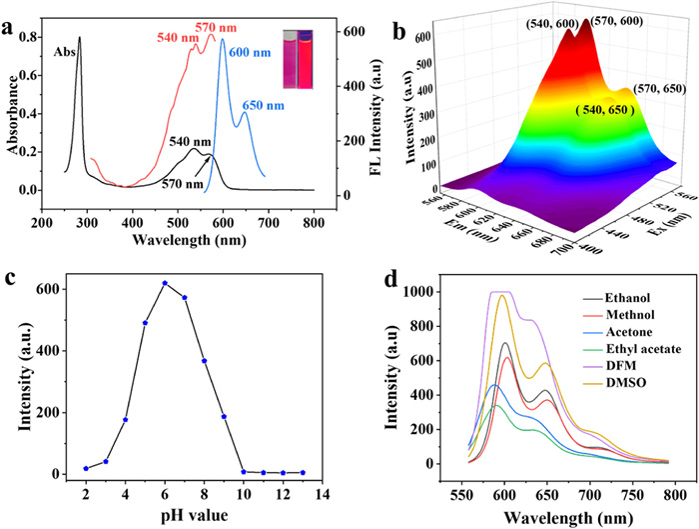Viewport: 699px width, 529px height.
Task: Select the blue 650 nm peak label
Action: (263, 103)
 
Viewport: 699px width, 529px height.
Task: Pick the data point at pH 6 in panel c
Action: (165, 283)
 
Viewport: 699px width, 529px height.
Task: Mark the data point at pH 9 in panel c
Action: (224, 417)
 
